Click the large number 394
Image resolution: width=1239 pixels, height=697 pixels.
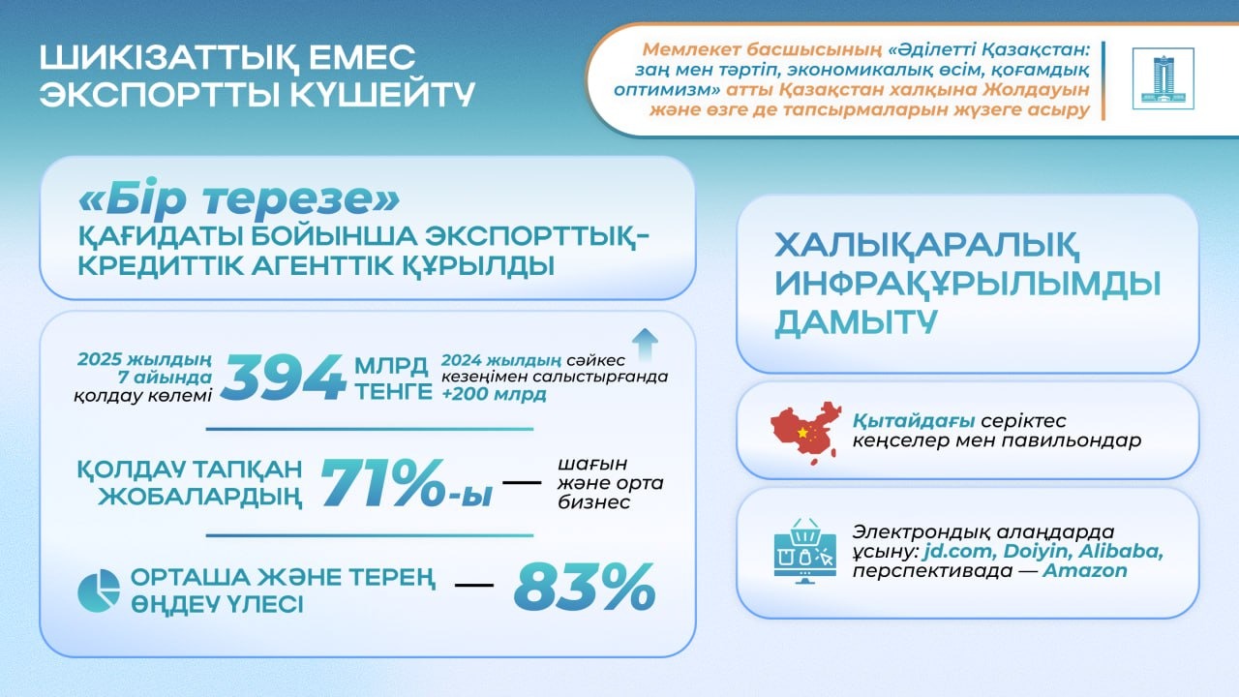(x=283, y=379)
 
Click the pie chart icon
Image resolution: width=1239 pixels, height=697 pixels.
(x=99, y=591)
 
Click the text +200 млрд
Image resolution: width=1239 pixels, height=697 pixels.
(x=493, y=394)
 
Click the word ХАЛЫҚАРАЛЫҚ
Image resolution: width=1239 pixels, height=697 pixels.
(x=927, y=243)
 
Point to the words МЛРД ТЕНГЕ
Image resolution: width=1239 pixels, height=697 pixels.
(x=392, y=379)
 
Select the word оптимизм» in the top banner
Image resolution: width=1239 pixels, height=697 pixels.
(x=657, y=90)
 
